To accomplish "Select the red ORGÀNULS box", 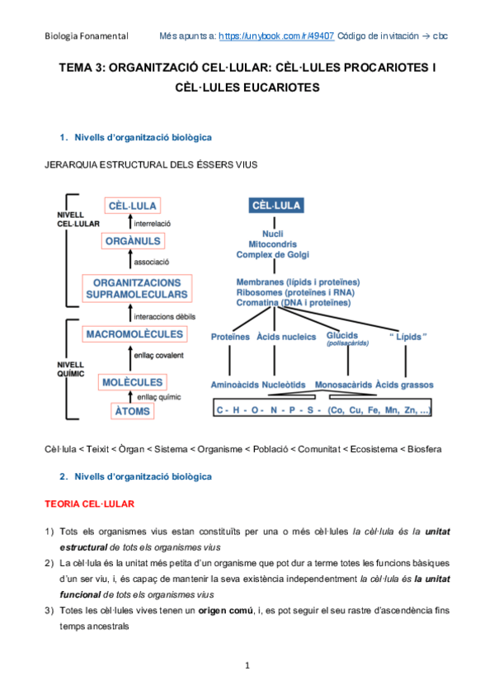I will [133, 241].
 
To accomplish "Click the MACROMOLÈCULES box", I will [134, 334].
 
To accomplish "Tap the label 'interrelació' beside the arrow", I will [153, 224].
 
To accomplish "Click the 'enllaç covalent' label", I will [159, 356].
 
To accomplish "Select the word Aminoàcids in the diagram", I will [236, 385].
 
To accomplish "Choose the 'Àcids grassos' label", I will [405, 385].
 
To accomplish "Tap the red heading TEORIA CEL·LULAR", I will [89, 503].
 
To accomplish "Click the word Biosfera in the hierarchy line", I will [422, 449].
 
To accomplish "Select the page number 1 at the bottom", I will [247, 664].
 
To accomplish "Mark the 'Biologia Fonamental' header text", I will [87, 36].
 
